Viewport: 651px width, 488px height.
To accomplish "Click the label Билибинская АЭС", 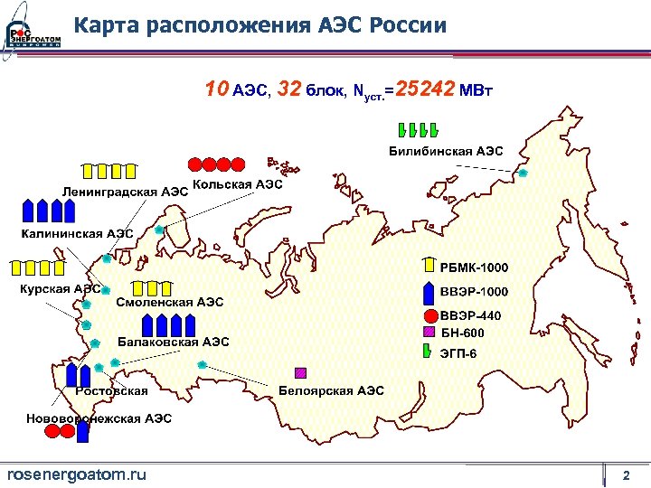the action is [446, 151].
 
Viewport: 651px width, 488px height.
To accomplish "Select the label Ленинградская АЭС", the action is [125, 192].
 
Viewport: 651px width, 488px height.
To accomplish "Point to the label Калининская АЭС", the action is [78, 233].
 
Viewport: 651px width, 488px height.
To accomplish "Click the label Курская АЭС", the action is [61, 289].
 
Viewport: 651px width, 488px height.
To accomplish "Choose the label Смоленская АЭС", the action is [169, 302].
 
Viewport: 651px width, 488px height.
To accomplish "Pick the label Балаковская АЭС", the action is [174, 342].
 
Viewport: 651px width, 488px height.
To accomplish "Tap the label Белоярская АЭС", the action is [331, 390].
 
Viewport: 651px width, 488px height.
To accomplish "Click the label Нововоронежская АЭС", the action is [99, 418].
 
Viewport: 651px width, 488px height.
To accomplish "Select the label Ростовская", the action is [112, 390].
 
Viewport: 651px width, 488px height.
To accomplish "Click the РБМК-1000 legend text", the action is [474, 267].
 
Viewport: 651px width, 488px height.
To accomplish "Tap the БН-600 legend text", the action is [462, 333].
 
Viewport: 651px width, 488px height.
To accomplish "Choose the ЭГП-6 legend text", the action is [458, 351].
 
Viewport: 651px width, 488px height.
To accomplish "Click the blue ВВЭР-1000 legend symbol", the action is [429, 292].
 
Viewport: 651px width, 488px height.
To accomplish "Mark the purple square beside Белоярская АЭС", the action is [301, 371].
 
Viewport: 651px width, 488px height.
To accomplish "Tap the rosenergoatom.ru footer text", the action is [76, 474].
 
